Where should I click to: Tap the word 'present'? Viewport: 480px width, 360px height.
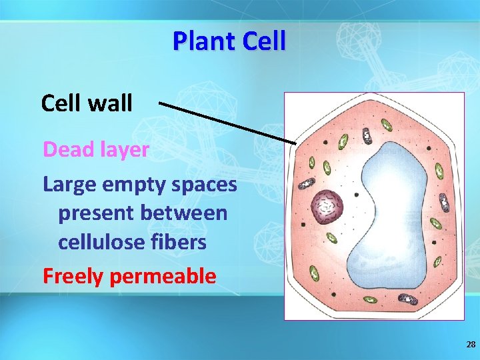click(95, 214)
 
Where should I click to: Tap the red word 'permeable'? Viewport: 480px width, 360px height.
click(163, 276)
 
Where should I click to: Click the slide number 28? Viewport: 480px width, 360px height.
click(471, 345)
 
